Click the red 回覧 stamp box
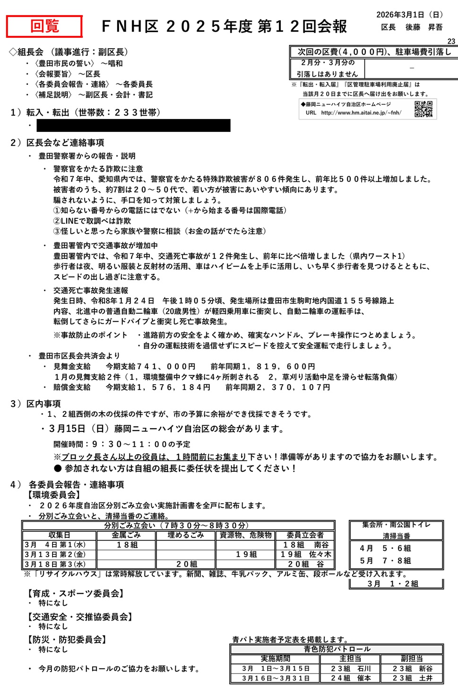tap(44, 26)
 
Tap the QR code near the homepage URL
tap(423, 109)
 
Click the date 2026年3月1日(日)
tap(409, 15)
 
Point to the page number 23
tap(451, 42)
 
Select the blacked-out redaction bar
tap(133, 125)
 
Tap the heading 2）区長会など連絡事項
tap(57, 143)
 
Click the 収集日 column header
tap(59, 535)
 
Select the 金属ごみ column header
tap(126, 535)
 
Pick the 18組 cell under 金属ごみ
tap(127, 545)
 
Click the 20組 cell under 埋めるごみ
tap(186, 564)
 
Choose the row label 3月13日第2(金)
tap(55, 554)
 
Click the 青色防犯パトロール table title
tap(337, 649)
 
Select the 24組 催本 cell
tap(350, 678)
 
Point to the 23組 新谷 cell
tap(412, 669)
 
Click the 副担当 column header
tap(412, 659)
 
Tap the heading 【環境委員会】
tap(54, 495)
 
